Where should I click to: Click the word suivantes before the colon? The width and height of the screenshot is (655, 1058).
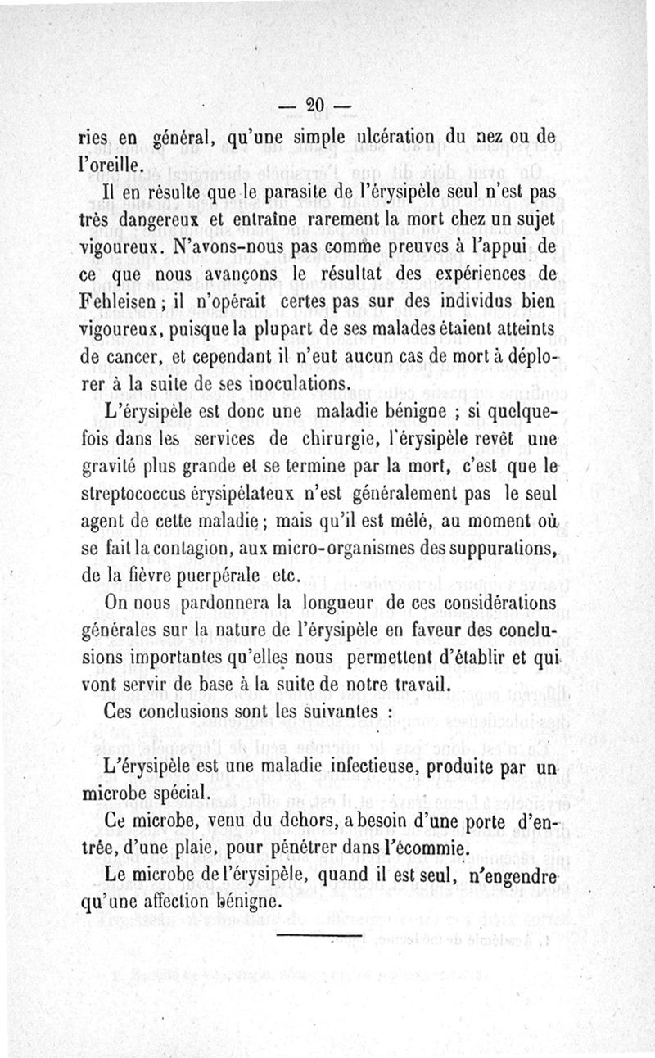click(x=332, y=711)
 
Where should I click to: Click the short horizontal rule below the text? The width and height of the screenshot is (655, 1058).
click(x=320, y=934)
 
